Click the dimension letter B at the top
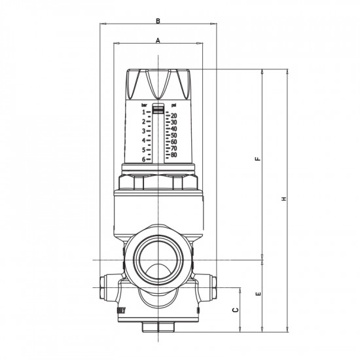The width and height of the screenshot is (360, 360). (x=158, y=21)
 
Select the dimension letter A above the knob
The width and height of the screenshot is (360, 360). (x=158, y=40)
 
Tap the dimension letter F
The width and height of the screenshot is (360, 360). (x=259, y=159)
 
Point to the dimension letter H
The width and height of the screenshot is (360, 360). (x=285, y=198)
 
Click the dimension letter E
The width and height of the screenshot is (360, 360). (x=259, y=294)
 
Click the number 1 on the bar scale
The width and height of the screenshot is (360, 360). (x=142, y=112)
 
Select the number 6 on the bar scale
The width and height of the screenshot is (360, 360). (x=142, y=159)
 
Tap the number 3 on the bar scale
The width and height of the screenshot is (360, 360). (x=142, y=131)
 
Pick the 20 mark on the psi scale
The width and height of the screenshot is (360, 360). (x=173, y=116)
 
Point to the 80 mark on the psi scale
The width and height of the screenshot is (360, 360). (x=173, y=155)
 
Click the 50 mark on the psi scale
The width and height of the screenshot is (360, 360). (x=173, y=135)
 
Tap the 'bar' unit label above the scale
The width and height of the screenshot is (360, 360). (x=144, y=104)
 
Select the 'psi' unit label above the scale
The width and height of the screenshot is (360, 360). (x=173, y=104)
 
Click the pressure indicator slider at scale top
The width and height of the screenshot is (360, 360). (x=158, y=109)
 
